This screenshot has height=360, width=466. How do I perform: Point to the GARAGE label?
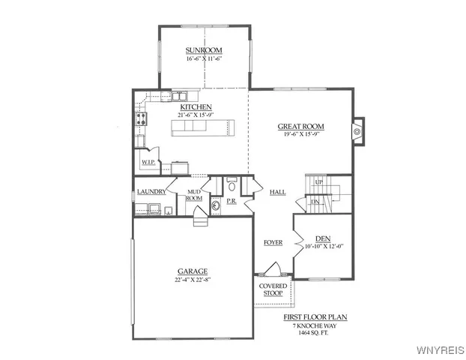tap(193, 271)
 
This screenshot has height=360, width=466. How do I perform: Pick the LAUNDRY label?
tap(151, 192)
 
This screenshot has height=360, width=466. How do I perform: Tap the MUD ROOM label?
tap(194, 195)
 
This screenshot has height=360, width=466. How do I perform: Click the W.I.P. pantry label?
tap(148, 162)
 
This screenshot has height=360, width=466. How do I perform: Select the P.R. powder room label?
tap(232, 202)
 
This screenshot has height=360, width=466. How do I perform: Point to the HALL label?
tap(277, 193)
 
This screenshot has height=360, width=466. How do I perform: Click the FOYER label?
tap(273, 242)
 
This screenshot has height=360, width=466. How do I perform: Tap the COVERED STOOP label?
tap(273, 289)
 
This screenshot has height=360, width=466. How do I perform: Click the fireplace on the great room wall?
tap(357, 131)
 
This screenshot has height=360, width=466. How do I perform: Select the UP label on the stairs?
tap(318, 182)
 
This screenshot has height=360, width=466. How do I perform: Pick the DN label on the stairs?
tap(315, 202)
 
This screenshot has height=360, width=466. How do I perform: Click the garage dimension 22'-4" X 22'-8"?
tap(193, 280)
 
